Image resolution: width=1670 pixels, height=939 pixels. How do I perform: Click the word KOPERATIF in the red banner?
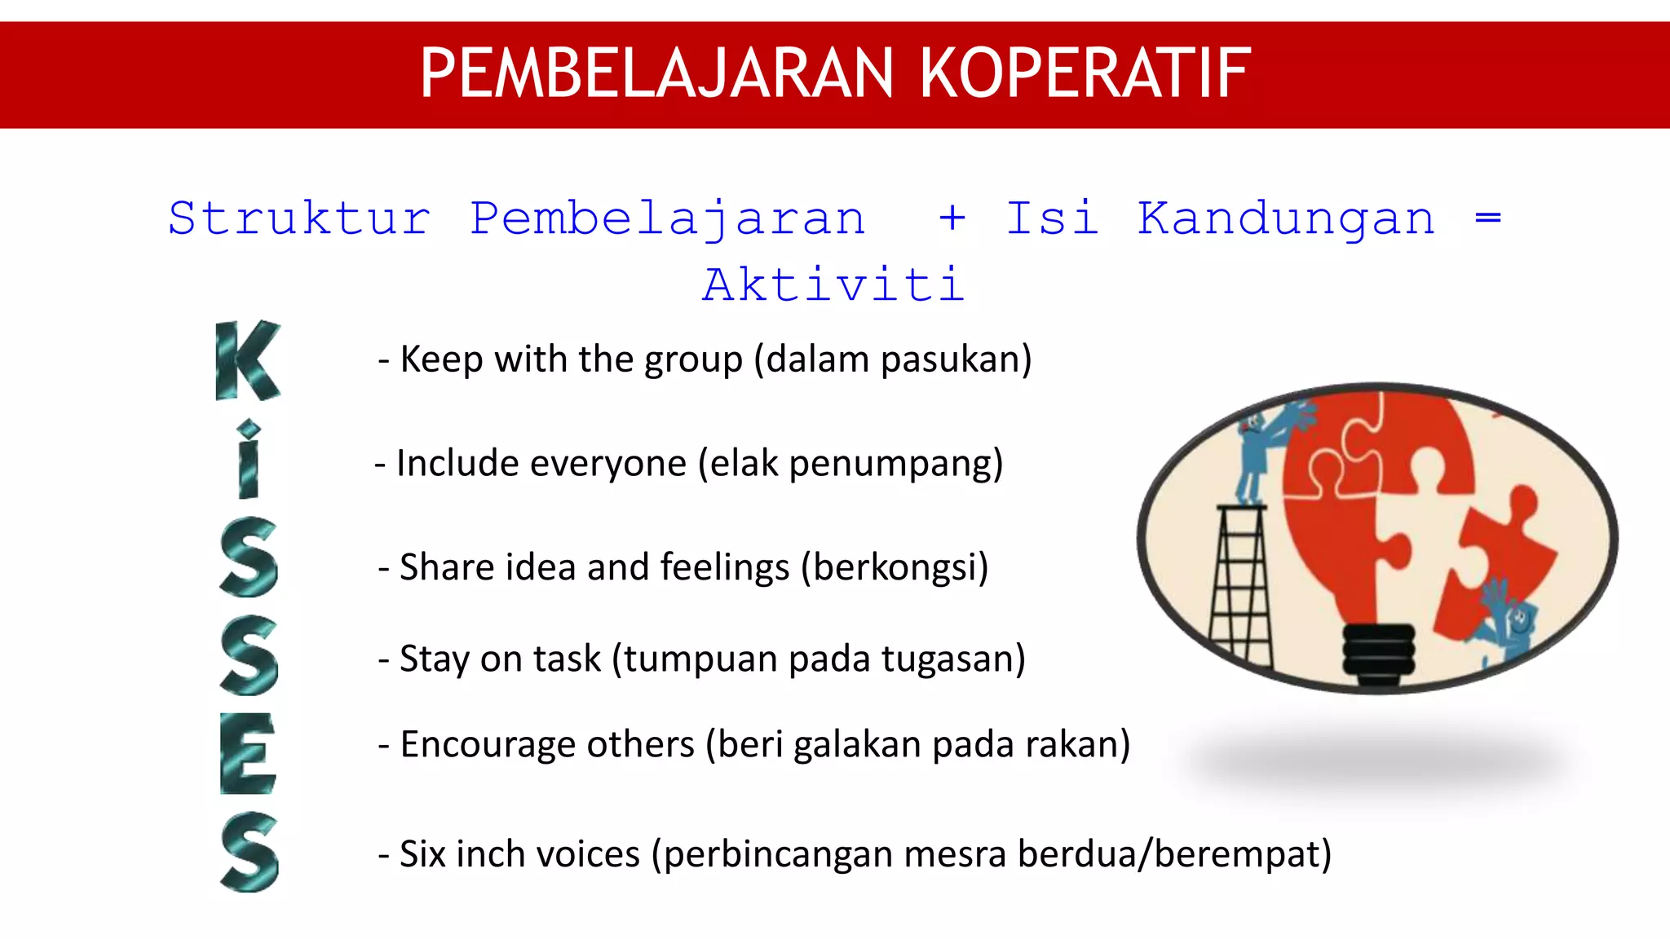[x=1085, y=73]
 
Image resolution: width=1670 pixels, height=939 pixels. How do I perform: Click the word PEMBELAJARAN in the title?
[x=657, y=73]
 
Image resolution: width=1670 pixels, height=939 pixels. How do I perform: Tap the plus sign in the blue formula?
[x=952, y=218]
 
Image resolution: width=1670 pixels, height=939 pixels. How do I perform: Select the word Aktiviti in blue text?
[x=833, y=285]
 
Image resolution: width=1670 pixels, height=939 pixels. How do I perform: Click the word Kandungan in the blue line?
[x=1286, y=218]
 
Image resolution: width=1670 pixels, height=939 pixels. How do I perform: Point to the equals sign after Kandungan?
[x=1488, y=218]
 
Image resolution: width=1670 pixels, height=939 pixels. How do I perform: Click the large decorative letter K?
[x=247, y=360]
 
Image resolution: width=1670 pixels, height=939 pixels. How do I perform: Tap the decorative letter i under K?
[x=249, y=461]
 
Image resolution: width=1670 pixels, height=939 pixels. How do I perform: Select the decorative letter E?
[x=248, y=753]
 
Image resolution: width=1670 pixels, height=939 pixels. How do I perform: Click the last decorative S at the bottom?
[x=250, y=852]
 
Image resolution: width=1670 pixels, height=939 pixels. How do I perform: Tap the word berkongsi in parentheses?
[x=895, y=567]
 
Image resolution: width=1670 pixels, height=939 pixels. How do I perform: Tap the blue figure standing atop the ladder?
[x=1256, y=452]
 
